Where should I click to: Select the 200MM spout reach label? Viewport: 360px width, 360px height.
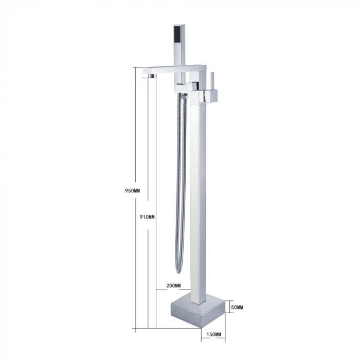tap(173, 285)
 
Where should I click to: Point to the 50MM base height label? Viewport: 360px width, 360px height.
tap(237, 308)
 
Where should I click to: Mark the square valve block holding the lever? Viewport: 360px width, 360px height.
tap(208, 95)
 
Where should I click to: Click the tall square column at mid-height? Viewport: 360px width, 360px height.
tap(197, 195)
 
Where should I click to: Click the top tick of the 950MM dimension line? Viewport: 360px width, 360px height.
tap(138, 67)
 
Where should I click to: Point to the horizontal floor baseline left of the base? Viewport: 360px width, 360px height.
tap(154, 328)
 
